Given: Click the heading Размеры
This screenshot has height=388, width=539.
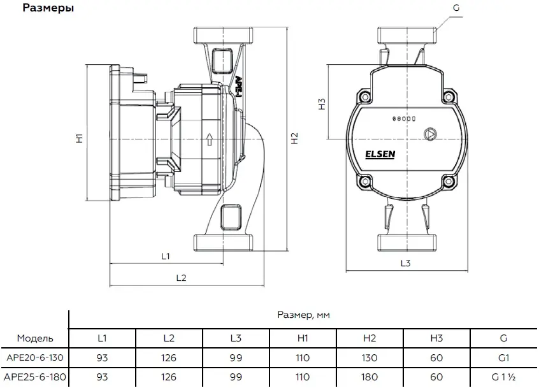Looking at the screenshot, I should click(48, 8).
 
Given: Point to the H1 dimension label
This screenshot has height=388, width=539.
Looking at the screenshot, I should click(79, 138).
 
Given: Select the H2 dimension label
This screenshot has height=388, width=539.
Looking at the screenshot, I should click(294, 138).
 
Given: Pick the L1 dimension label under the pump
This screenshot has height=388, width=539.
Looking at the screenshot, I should click(166, 257).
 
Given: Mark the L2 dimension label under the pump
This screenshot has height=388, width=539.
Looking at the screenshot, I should click(180, 278).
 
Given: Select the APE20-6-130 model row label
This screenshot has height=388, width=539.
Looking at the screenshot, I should click(36, 358).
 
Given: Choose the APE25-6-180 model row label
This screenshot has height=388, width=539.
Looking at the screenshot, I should click(36, 377).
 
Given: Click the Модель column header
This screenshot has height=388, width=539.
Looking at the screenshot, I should click(36, 338).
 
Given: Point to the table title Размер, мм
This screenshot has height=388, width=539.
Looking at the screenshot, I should click(304, 315).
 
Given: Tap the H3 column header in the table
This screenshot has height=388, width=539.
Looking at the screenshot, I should click(436, 338).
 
